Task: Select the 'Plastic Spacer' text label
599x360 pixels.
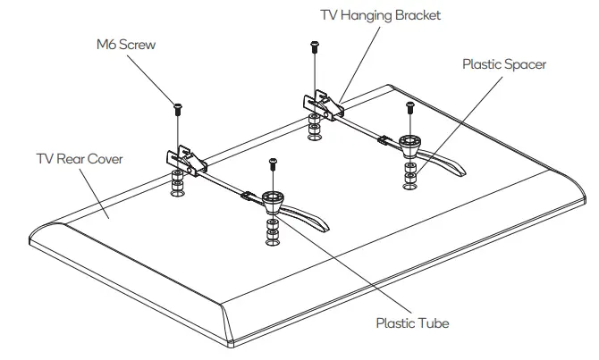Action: [x=503, y=65]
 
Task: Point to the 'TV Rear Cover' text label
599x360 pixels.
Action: [x=79, y=159]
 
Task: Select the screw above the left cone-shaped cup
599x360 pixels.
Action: [x=273, y=164]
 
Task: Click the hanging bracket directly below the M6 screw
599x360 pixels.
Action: [x=185, y=159]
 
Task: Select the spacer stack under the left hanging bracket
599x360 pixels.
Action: [x=177, y=186]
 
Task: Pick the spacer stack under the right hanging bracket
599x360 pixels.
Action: [x=313, y=126]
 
